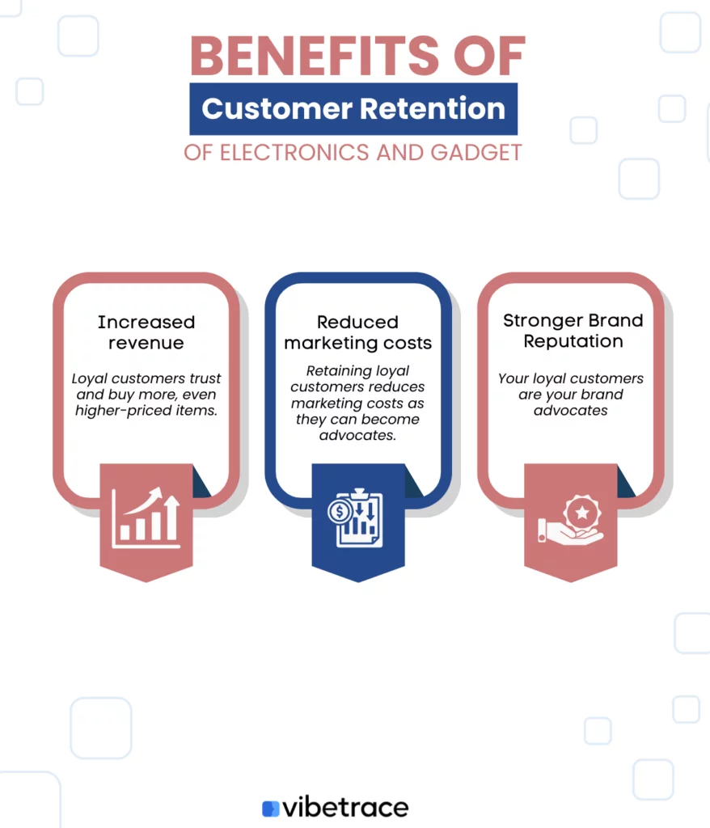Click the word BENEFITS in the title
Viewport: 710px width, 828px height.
(x=315, y=56)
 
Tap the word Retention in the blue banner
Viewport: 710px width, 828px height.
(x=433, y=109)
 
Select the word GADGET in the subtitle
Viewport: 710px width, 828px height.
(x=476, y=153)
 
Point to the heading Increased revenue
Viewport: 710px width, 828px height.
(x=146, y=332)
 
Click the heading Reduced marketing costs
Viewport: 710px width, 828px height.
(x=357, y=332)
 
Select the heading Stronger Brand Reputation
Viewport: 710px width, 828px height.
(x=573, y=331)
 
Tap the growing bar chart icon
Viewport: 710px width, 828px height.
(x=146, y=517)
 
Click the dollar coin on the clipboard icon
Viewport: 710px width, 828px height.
(x=339, y=511)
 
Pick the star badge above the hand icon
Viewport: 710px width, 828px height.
(x=582, y=512)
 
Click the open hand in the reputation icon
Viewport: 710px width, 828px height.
(x=569, y=534)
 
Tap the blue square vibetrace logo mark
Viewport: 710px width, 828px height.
(x=270, y=809)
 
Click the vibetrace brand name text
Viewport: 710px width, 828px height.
(x=345, y=808)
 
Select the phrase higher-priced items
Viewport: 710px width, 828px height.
(x=146, y=410)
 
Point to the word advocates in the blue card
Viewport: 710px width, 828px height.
(x=357, y=435)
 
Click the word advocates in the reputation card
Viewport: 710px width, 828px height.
(x=571, y=410)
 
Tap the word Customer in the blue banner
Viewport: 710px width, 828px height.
(x=277, y=109)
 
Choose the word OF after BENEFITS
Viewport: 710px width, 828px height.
(x=489, y=56)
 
